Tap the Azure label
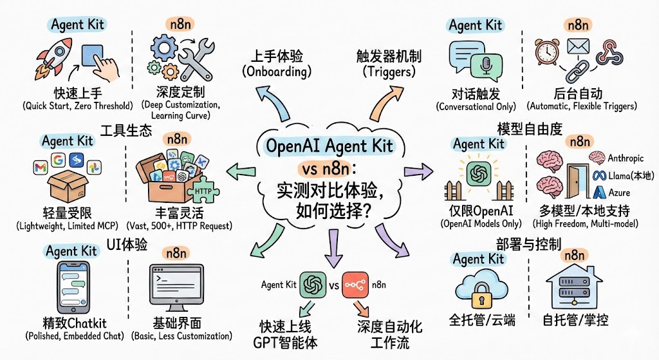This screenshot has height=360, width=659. pyautogui.click(x=618, y=192)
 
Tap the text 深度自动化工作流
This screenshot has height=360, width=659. pyautogui.click(x=389, y=334)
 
